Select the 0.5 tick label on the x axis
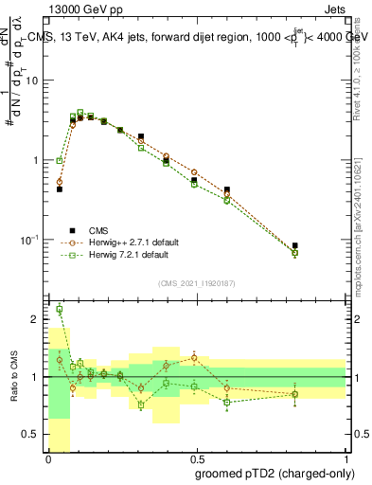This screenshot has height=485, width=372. pos(198,458)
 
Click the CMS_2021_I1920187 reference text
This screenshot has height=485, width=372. pos(197,283)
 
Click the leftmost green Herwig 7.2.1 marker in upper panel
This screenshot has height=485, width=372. pos(60,161)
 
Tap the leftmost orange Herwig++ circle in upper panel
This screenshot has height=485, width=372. pos(60,182)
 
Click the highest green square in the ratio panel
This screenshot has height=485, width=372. pos(60,309)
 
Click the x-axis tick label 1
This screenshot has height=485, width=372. pos(346,458)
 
